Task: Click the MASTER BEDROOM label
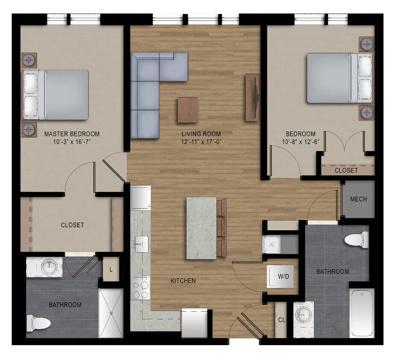72,134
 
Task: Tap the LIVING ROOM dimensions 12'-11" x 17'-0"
200,142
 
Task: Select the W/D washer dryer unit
283,276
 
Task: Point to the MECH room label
358,199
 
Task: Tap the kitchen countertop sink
141,244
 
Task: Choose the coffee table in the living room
188,110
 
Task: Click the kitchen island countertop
202,228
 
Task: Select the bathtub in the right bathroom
362,312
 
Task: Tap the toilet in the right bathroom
357,239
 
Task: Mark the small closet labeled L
111,270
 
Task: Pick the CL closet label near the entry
281,320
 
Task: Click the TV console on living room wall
252,97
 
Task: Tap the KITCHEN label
183,281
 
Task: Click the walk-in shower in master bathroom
111,313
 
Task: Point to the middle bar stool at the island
222,228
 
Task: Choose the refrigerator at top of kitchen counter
140,197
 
